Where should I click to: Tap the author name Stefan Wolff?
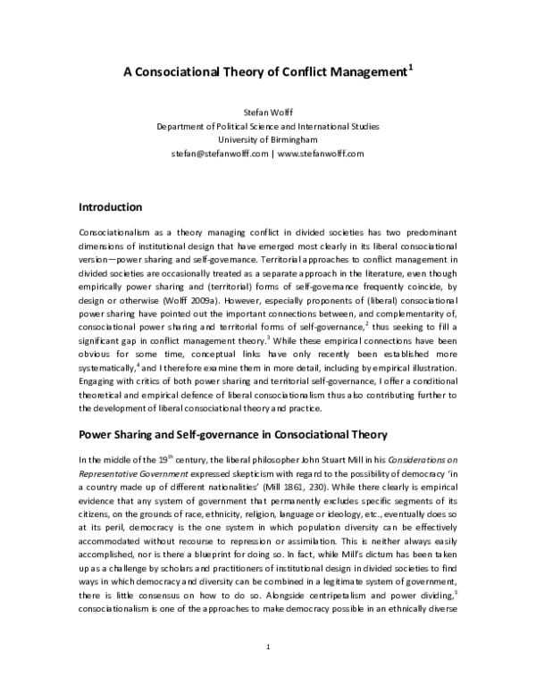click(x=267, y=113)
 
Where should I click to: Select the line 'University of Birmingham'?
click(x=267, y=139)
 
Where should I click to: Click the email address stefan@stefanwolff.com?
click(x=219, y=153)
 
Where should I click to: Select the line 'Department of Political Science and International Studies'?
click(x=267, y=126)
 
